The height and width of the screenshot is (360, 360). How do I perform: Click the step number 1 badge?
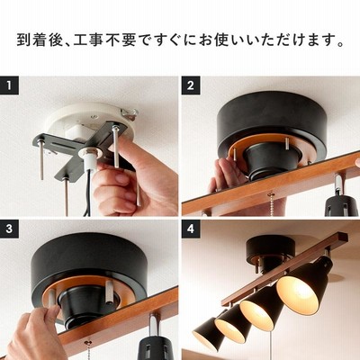pos(9,85)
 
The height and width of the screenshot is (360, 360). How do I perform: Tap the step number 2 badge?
pos(191,85)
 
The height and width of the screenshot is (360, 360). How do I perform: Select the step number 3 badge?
pos(9,229)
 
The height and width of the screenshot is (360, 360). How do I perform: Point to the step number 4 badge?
pos(191,229)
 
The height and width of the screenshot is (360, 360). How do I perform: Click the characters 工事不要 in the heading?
pos(104,40)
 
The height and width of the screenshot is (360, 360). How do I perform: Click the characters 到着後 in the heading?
pos(40,40)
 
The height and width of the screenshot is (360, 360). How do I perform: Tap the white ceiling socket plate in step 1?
pos(90,120)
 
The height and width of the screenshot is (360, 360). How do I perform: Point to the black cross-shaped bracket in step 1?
pos(81,147)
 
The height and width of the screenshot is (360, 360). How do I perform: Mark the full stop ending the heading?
pos(340,44)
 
